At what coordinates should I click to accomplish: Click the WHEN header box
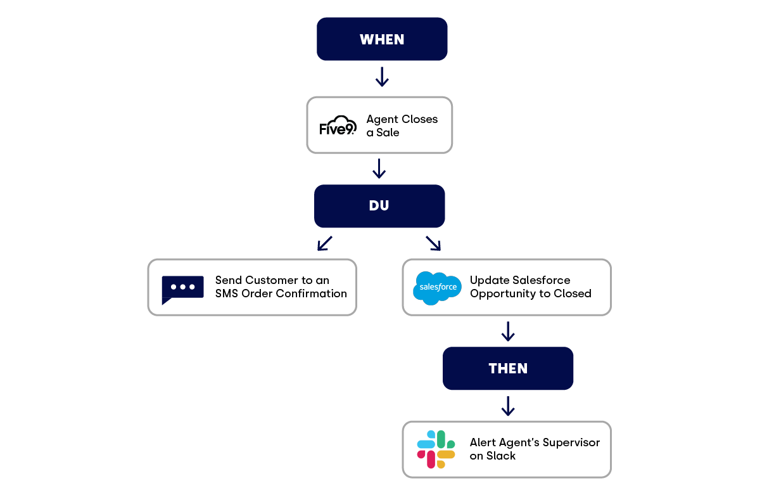pyautogui.click(x=382, y=39)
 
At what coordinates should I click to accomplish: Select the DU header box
pyautogui.click(x=379, y=206)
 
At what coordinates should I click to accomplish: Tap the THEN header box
pyautogui.click(x=508, y=368)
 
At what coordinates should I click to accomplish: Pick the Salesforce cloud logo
pyautogui.click(x=437, y=288)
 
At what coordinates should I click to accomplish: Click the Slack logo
pyautogui.click(x=436, y=449)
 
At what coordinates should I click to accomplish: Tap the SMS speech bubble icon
pyautogui.click(x=182, y=289)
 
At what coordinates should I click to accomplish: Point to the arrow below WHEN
pyautogui.click(x=382, y=77)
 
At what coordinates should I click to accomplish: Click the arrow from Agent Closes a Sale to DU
pyautogui.click(x=379, y=169)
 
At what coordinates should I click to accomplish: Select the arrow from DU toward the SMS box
pyautogui.click(x=324, y=243)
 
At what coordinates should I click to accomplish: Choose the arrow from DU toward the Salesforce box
pyautogui.click(x=433, y=243)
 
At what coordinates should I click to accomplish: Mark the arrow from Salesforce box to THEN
pyautogui.click(x=507, y=331)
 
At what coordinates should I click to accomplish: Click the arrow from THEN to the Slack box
pyautogui.click(x=507, y=406)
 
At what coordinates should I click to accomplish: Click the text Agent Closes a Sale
pyautogui.click(x=402, y=125)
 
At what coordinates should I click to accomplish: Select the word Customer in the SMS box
pyautogui.click(x=271, y=280)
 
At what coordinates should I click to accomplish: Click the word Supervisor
pyautogui.click(x=569, y=442)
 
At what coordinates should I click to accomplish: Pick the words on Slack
pyautogui.click(x=492, y=456)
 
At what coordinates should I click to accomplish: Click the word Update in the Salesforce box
pyautogui.click(x=489, y=280)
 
